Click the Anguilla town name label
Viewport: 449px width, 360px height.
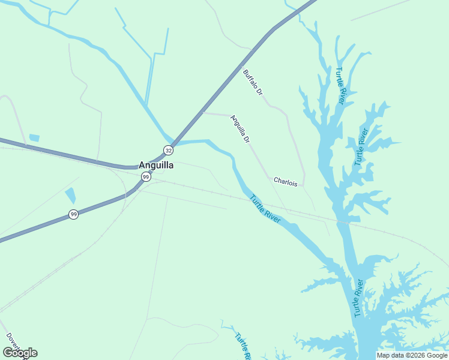[x=156, y=165]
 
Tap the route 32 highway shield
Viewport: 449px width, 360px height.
[x=169, y=150]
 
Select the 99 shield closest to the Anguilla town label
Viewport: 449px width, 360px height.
[x=146, y=176]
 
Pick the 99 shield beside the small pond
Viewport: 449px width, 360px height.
[x=73, y=214]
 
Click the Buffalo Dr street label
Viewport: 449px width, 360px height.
[x=253, y=83]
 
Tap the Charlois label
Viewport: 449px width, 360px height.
[x=285, y=181]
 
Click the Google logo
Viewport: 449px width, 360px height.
[x=20, y=353]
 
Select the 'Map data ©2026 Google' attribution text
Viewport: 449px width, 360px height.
[x=412, y=355]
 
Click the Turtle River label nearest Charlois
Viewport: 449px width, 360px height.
[x=265, y=209]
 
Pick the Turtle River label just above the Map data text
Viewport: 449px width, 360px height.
[x=359, y=298]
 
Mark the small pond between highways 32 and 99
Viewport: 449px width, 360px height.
[x=70, y=195]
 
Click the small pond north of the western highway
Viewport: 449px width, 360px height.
[x=34, y=138]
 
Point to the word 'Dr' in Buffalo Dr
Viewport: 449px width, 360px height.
[x=259, y=92]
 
